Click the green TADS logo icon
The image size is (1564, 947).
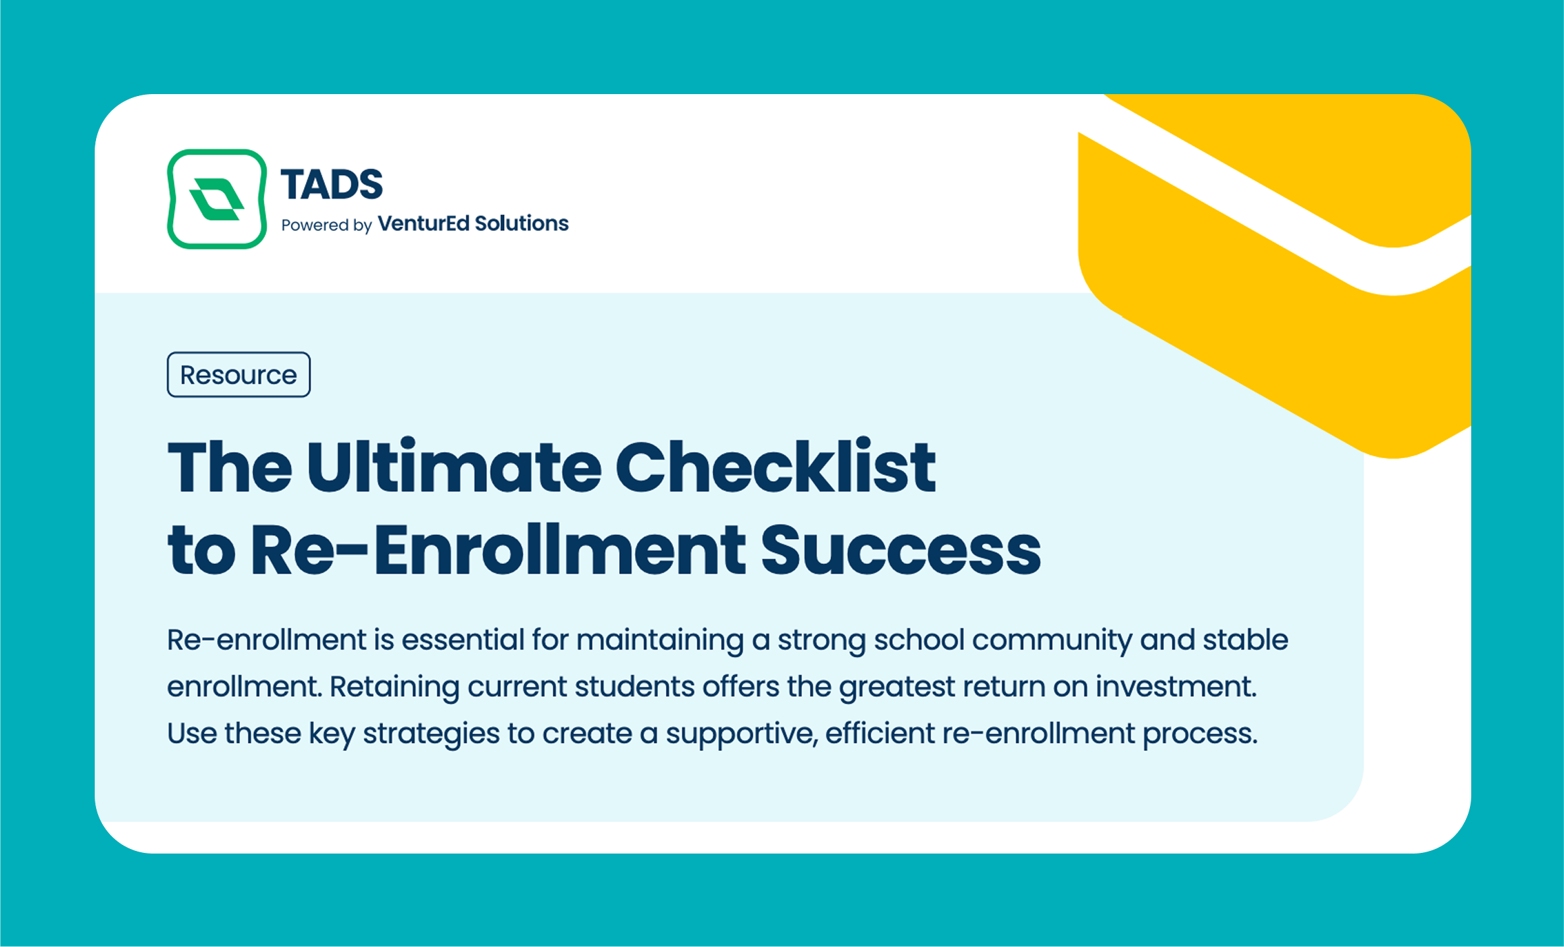click(216, 199)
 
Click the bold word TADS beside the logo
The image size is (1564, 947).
click(332, 184)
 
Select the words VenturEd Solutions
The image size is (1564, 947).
click(473, 224)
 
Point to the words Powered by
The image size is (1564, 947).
click(326, 225)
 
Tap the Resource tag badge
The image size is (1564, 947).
click(238, 374)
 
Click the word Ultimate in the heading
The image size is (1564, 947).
click(454, 467)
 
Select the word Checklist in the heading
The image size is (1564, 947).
click(775, 467)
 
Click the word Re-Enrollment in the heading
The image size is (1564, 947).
click(499, 550)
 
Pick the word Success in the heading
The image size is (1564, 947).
click(901, 550)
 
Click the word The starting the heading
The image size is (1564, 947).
click(230, 467)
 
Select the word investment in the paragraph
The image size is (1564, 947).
click(1175, 686)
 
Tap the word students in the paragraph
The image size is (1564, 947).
click(634, 686)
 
